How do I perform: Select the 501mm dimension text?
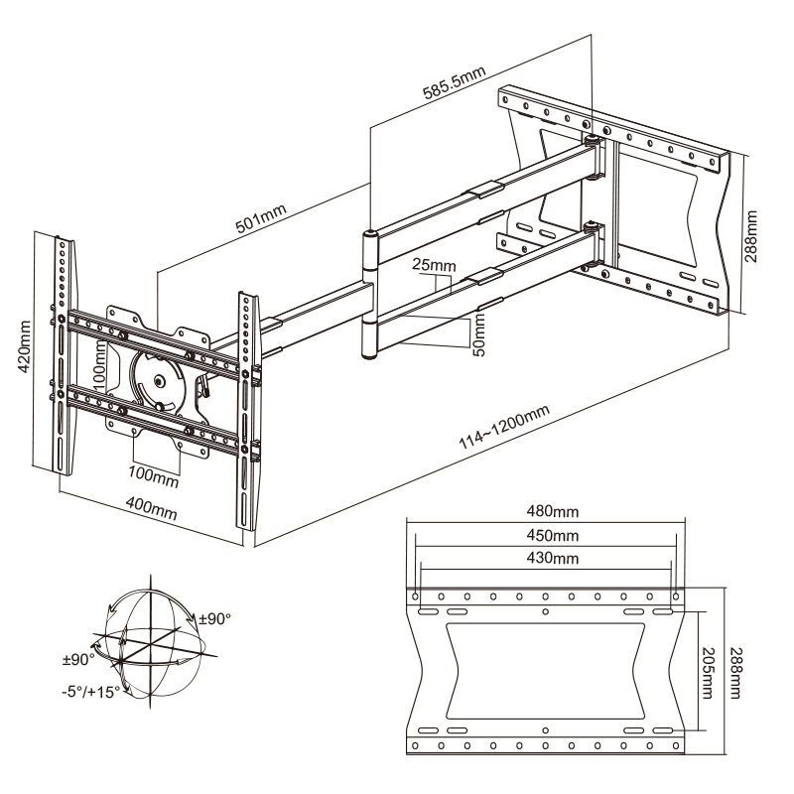pos(261,220)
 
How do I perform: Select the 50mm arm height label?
pos(479,334)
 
